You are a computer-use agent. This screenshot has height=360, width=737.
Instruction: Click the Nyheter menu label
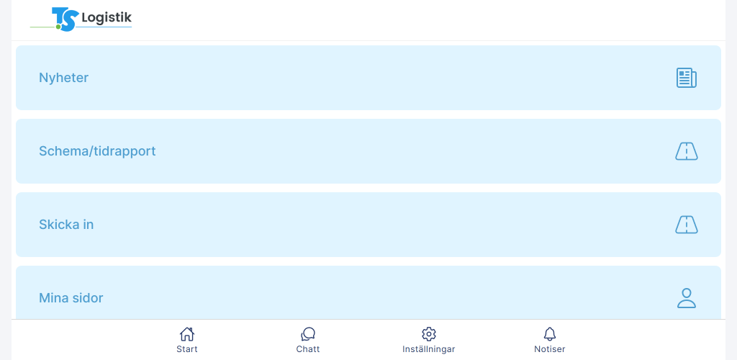pyautogui.click(x=63, y=78)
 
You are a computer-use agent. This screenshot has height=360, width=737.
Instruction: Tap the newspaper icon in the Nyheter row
pyautogui.click(x=686, y=78)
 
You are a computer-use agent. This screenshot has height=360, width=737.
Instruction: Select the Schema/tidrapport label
pyautogui.click(x=97, y=151)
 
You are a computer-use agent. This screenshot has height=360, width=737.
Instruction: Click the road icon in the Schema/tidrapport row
pyautogui.click(x=686, y=151)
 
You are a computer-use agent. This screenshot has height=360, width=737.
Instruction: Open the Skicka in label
pyautogui.click(x=66, y=225)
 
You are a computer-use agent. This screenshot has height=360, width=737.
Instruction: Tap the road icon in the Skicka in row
pyautogui.click(x=686, y=225)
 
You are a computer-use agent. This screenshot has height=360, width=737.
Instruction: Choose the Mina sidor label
pyautogui.click(x=71, y=298)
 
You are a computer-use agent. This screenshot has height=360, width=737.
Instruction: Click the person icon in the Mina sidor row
pyautogui.click(x=686, y=298)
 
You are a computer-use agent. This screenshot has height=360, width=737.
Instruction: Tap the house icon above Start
pyautogui.click(x=187, y=334)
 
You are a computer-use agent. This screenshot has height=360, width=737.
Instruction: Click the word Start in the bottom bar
pyautogui.click(x=187, y=349)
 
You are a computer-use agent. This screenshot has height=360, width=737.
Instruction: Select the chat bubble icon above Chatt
pyautogui.click(x=308, y=334)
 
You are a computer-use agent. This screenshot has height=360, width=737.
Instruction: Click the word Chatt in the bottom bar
pyautogui.click(x=308, y=349)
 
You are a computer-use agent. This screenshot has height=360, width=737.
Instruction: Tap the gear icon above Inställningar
pyautogui.click(x=429, y=334)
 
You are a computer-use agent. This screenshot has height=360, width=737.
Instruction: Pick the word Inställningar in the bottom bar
pyautogui.click(x=429, y=349)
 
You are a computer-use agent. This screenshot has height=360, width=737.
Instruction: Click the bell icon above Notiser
pyautogui.click(x=549, y=334)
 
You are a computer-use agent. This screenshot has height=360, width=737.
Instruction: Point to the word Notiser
pyautogui.click(x=549, y=349)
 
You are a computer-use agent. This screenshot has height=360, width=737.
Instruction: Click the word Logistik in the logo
pyautogui.click(x=107, y=18)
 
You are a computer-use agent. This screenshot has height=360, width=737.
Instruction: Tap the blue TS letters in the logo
pyautogui.click(x=64, y=19)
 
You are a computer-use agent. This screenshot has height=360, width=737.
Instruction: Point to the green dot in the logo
pyautogui.click(x=59, y=27)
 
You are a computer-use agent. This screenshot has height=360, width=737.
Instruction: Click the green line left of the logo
pyautogui.click(x=42, y=27)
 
